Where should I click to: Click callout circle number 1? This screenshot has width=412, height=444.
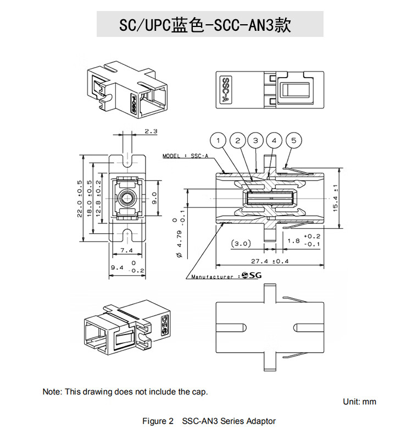pos(220,140)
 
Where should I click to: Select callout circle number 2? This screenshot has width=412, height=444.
pos(238,140)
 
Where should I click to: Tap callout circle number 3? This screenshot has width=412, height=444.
pos(255,140)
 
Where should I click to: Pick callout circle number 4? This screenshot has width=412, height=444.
pos(274,140)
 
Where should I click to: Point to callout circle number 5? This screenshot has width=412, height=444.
pos(294,140)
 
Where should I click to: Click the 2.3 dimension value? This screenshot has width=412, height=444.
pos(151,131)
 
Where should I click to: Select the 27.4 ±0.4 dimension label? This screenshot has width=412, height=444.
pos(270,261)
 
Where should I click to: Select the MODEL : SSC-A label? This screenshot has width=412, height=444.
pos(186,156)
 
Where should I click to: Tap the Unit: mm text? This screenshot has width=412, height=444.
pos(360,402)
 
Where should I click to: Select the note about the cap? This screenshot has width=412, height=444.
pos(125,392)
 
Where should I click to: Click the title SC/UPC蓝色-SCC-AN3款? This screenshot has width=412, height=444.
pos(205,25)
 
